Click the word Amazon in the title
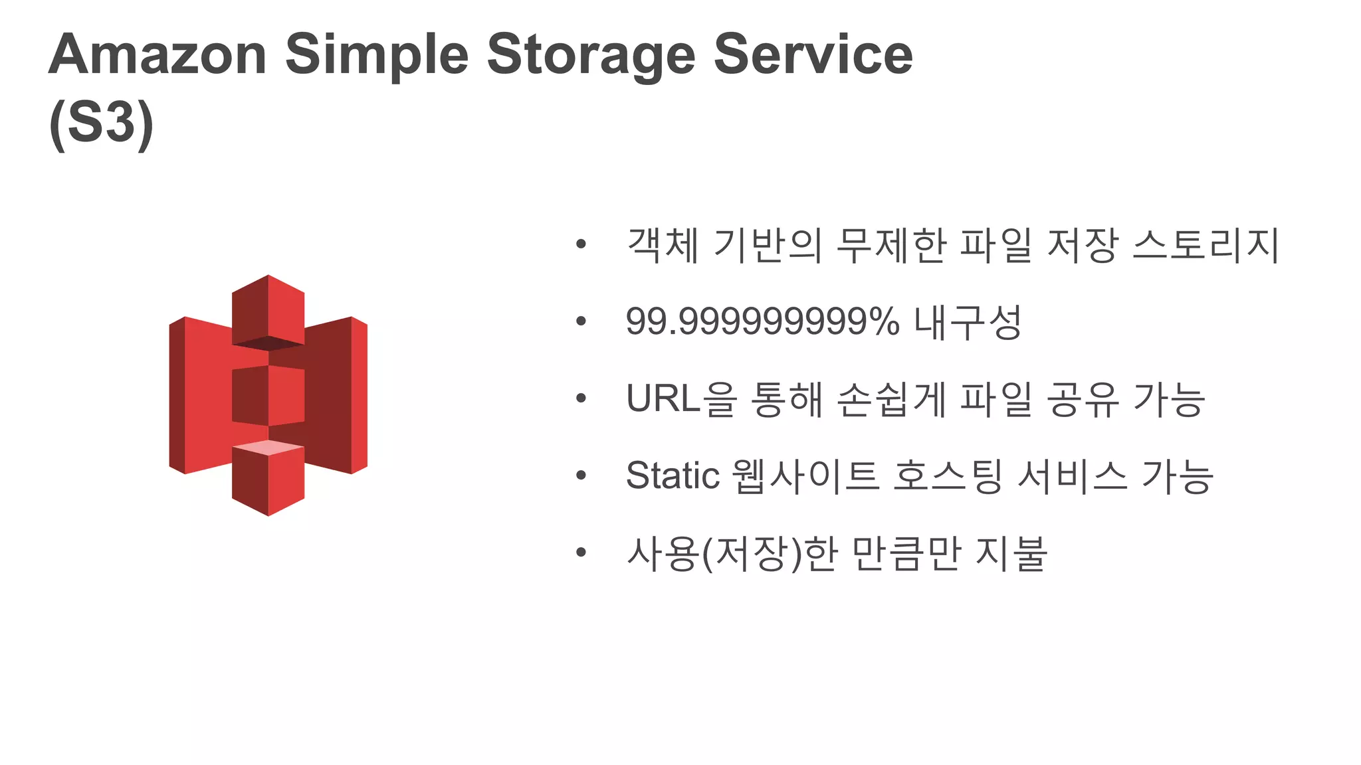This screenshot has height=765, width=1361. click(x=157, y=54)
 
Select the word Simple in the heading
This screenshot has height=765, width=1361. click(x=377, y=56)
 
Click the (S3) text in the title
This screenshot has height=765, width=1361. click(x=101, y=124)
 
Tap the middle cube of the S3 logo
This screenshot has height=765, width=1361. click(x=268, y=396)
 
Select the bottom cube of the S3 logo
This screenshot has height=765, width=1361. click(x=268, y=478)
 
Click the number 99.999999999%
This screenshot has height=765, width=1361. click(x=762, y=322)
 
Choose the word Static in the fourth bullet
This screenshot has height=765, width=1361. click(x=673, y=475)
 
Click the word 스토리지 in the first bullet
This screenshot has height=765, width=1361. click(x=1205, y=245)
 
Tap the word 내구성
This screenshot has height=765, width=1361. click(x=968, y=322)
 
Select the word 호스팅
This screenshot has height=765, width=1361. click(x=948, y=475)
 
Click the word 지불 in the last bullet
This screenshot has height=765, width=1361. click(x=1011, y=552)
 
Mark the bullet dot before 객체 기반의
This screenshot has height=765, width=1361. click(x=581, y=245)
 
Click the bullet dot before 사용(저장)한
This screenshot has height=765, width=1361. click(x=581, y=552)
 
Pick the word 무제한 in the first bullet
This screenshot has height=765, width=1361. click(x=890, y=245)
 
